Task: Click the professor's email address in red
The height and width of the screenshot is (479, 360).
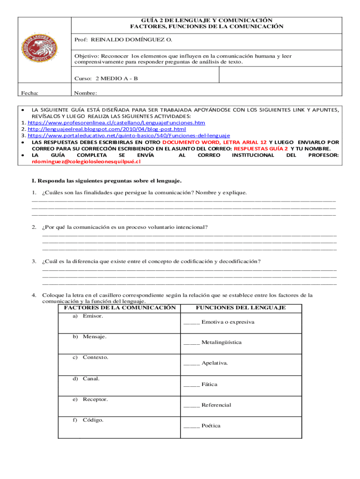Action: tap(86, 161)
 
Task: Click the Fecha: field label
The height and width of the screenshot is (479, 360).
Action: tap(30, 93)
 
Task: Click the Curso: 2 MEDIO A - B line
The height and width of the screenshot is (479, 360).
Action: tap(106, 78)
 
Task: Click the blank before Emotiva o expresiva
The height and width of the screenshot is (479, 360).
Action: tap(192, 322)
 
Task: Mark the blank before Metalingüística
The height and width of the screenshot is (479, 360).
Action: tap(192, 342)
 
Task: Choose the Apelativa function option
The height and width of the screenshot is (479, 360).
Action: tap(215, 363)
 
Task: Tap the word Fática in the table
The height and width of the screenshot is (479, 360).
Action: tap(209, 385)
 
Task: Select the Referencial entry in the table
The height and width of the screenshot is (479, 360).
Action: tap(216, 405)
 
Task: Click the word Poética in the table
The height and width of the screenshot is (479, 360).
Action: tap(211, 426)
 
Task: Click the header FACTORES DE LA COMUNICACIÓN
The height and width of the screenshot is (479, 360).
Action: tap(120, 308)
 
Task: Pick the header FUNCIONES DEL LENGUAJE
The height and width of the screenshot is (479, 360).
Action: tap(240, 308)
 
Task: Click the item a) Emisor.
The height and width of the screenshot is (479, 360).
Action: tap(88, 316)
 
